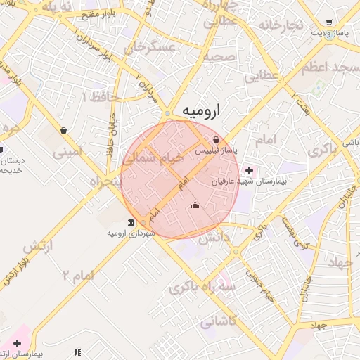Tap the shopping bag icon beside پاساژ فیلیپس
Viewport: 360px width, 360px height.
click(216, 139)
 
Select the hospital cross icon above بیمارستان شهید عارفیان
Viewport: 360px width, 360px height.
click(250, 169)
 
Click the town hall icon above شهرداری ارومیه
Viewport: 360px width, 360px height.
click(131, 222)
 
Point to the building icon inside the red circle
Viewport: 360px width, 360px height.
click(195, 205)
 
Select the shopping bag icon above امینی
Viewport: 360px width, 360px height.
click(64, 130)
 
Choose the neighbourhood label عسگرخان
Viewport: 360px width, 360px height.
click(149, 48)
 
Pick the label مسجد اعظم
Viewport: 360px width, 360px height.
click(330, 68)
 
